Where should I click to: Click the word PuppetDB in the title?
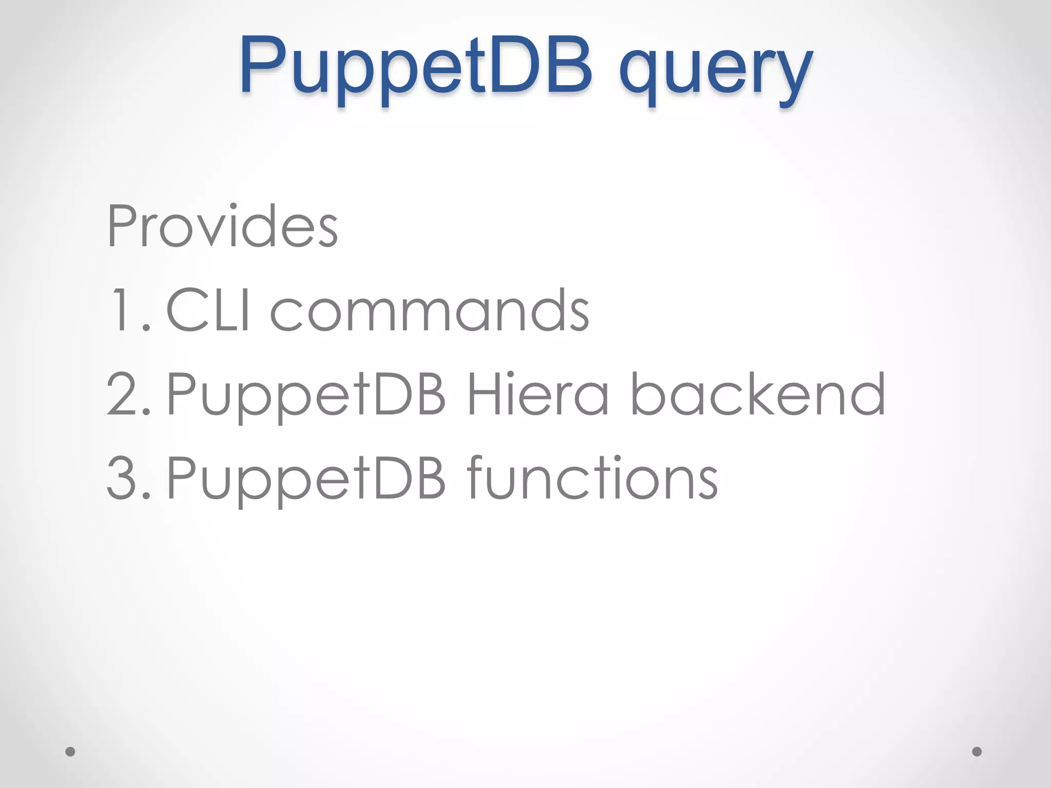416,67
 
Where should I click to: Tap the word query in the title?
716,72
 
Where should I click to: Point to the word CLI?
208,310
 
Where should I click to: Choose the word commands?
430,310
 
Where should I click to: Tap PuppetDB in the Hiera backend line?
306,395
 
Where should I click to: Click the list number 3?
128,478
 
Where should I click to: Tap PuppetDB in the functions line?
306,479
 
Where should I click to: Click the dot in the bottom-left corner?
70,752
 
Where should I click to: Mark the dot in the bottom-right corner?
977,752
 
